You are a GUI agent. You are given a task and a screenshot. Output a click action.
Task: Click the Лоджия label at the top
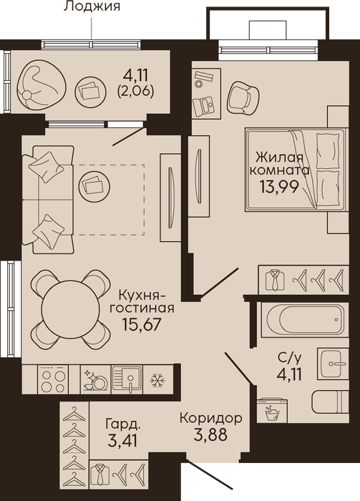[92, 6]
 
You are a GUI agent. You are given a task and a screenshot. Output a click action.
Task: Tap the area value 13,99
[279, 187]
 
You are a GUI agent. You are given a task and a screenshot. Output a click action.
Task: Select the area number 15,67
[140, 324]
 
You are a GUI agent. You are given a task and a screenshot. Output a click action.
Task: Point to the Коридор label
[211, 418]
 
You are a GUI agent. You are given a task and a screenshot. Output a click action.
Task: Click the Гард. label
[123, 424]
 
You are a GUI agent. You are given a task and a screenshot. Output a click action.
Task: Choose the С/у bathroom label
[289, 359]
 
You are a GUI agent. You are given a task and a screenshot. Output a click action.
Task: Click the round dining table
[71, 309]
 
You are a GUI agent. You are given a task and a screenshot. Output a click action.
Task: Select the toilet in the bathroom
[330, 402]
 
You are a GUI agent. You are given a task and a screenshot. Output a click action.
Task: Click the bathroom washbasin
[334, 364]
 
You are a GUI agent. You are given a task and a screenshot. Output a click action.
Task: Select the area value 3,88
[210, 435]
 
